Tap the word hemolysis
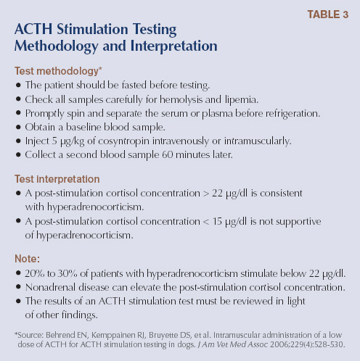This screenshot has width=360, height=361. coord(194,99)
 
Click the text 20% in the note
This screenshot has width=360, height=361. coord(35,273)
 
